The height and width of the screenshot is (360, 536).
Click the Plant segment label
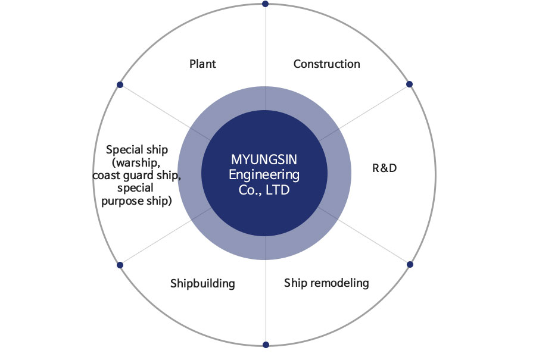point(202,64)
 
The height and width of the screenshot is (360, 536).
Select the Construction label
point(326,64)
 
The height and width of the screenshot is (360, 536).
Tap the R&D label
point(384,168)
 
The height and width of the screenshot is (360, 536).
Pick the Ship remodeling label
point(326,283)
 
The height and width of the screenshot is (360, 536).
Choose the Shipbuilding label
point(202,283)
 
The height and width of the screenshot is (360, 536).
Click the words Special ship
point(137,149)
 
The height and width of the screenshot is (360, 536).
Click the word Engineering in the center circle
point(264,176)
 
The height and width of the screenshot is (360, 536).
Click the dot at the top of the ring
point(265,4)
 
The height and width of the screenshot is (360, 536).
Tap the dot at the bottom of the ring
point(266,345)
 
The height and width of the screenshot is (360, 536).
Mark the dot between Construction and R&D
point(409,84)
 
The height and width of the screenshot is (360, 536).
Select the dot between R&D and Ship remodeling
point(410,264)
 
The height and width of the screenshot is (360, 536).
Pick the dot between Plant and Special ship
point(120,85)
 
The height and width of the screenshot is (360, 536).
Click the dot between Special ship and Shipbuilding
point(120,265)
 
